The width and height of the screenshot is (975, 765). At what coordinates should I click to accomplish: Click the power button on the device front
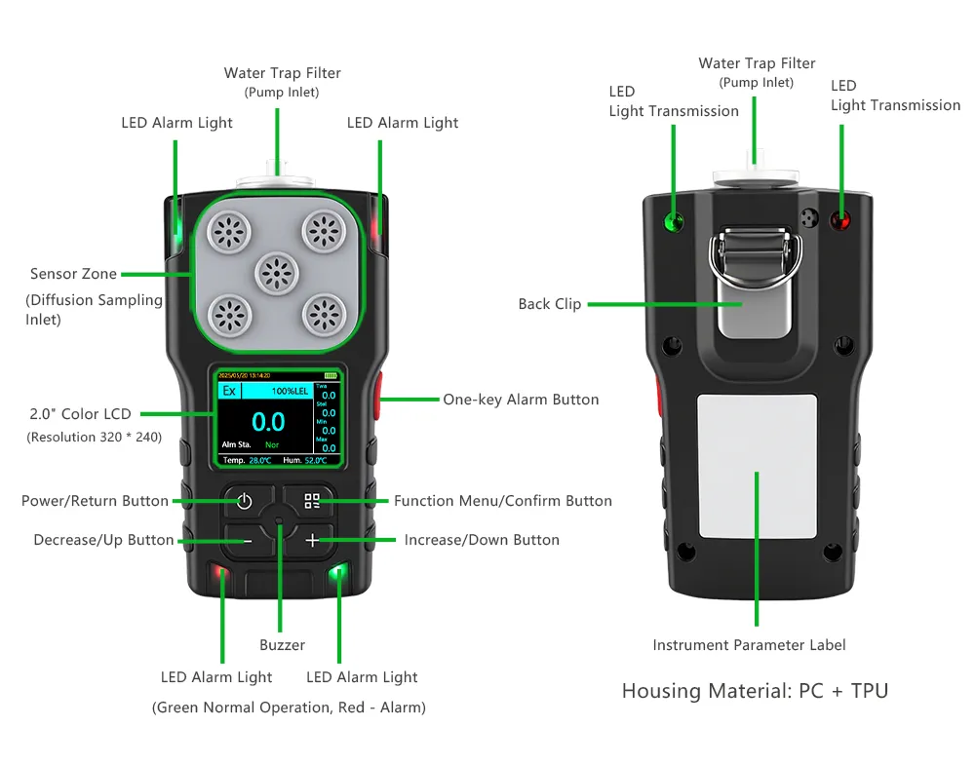(x=244, y=502)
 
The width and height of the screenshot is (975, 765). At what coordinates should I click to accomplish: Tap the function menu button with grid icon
(x=312, y=502)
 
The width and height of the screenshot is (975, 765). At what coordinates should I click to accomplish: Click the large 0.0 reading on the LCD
(x=268, y=422)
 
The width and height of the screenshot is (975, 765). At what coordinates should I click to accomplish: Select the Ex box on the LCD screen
(x=230, y=391)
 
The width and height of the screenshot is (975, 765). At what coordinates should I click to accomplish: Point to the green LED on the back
(x=673, y=220)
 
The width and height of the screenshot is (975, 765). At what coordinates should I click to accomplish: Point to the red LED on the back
(x=838, y=220)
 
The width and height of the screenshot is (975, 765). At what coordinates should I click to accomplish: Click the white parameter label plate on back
(x=757, y=466)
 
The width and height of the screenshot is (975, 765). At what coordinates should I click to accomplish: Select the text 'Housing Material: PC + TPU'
(x=755, y=691)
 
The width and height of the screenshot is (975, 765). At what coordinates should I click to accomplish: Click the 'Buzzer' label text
(x=282, y=645)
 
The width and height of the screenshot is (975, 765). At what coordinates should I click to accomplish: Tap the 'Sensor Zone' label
(x=73, y=275)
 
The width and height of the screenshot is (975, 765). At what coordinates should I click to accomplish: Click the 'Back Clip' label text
(x=549, y=304)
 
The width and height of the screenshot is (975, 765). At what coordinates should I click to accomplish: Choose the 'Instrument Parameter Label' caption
(x=749, y=645)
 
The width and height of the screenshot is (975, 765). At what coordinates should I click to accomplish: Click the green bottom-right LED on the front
(x=337, y=573)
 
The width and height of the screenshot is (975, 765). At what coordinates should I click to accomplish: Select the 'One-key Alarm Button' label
(x=521, y=400)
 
